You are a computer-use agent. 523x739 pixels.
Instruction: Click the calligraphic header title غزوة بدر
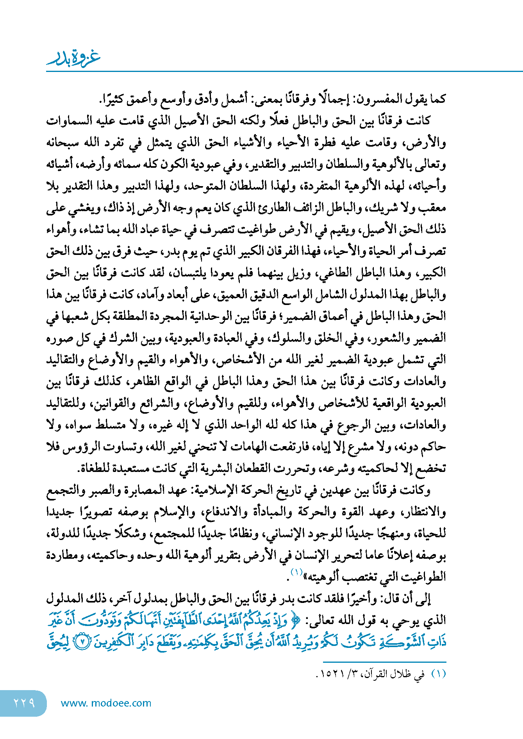73,58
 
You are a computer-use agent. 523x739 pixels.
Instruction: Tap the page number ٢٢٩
24,703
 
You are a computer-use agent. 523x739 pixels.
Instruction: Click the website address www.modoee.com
106,703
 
